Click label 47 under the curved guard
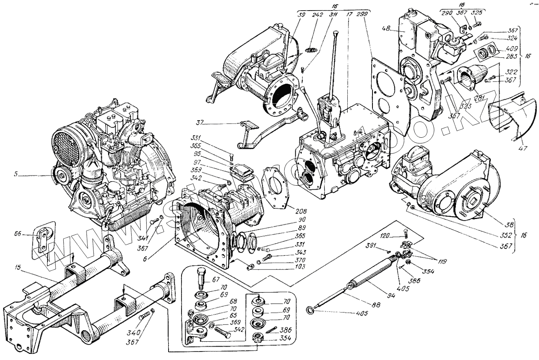click(x=522, y=148)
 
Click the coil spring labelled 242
click(x=310, y=50)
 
